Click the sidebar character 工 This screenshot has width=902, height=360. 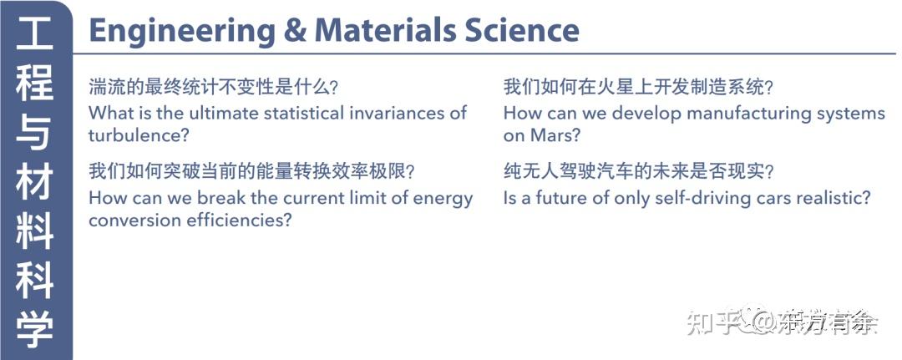tap(35, 38)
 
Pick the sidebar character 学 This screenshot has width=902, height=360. tap(35, 330)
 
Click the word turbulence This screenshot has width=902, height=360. tap(134, 134)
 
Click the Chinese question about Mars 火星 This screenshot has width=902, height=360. tap(638, 87)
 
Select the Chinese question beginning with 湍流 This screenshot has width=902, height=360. tap(218, 87)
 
